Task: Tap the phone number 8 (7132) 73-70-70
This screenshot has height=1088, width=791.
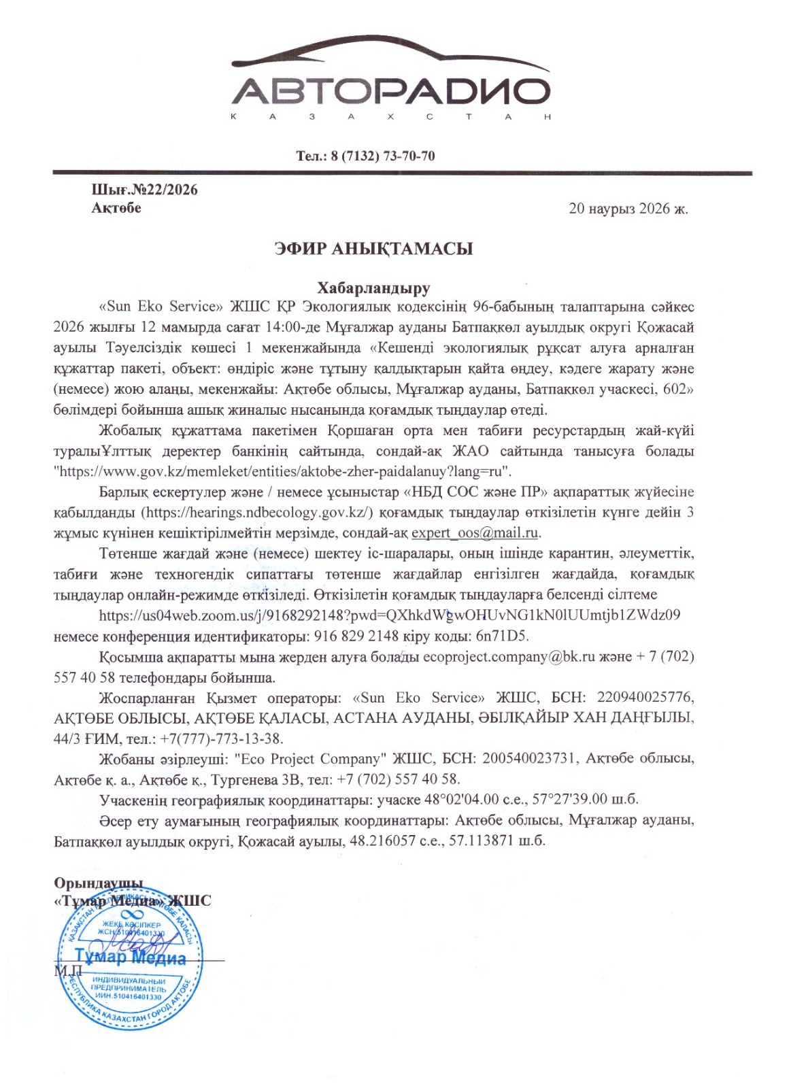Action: pyautogui.click(x=383, y=156)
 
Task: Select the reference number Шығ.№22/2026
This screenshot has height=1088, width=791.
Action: pyautogui.click(x=145, y=190)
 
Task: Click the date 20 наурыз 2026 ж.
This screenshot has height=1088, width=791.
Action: pyautogui.click(x=628, y=209)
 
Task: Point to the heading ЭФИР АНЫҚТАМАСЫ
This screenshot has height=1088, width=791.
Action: pyautogui.click(x=373, y=249)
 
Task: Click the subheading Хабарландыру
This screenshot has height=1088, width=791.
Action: pyautogui.click(x=373, y=288)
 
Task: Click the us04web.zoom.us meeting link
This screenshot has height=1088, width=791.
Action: pyautogui.click(x=390, y=615)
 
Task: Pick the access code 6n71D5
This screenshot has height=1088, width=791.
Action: pyautogui.click(x=503, y=636)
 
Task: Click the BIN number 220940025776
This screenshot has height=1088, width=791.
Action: pyautogui.click(x=645, y=698)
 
